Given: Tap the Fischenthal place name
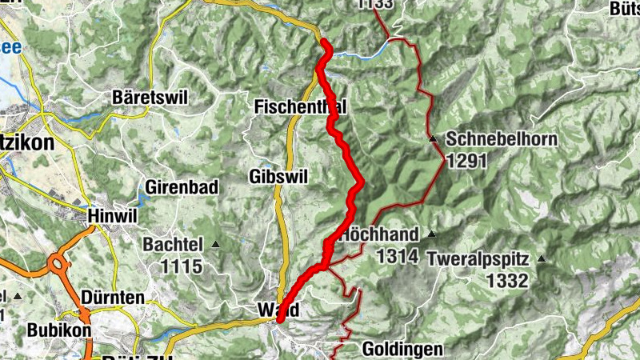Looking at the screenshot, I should pyautogui.click(x=300, y=106).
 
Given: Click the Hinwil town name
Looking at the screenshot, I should pyautogui.click(x=111, y=216).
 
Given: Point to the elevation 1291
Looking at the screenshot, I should pyautogui.click(x=466, y=160).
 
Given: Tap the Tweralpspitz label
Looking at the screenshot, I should pyautogui.click(x=478, y=259).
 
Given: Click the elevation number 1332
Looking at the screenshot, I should pyautogui.click(x=507, y=280).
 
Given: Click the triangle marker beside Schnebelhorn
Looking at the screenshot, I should pyautogui.click(x=433, y=140).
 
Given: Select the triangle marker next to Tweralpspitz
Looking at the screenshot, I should pyautogui.click(x=542, y=259).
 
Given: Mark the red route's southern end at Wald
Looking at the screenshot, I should pyautogui.click(x=281, y=319).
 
